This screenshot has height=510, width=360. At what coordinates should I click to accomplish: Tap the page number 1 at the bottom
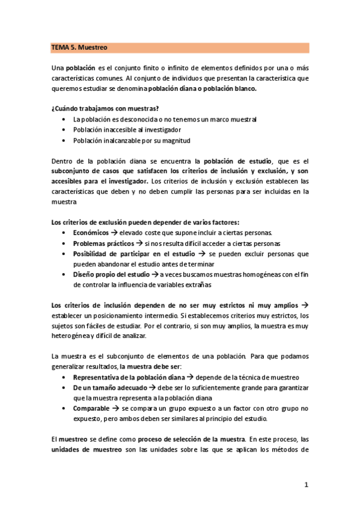click(306, 485)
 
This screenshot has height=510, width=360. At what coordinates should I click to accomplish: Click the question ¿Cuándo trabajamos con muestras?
click(105, 108)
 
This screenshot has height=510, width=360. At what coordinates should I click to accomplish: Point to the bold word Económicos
click(93, 233)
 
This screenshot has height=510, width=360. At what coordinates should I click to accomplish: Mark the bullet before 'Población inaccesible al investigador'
click(64, 130)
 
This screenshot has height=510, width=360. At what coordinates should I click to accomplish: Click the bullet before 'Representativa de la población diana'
click(64, 378)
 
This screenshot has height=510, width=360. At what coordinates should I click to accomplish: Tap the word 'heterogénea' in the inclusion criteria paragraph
click(70, 336)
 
